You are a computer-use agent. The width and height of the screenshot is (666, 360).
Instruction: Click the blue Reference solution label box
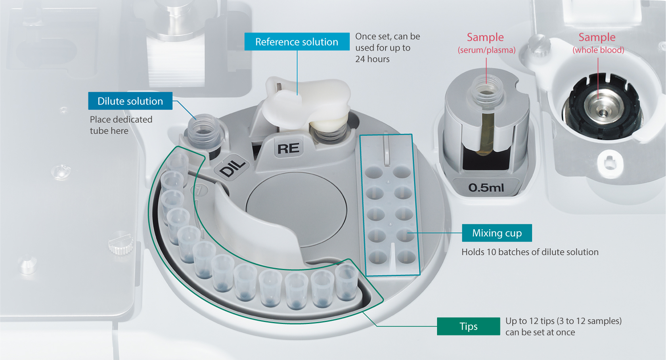click(x=297, y=42)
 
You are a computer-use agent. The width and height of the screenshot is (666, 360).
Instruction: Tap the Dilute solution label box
click(x=130, y=101)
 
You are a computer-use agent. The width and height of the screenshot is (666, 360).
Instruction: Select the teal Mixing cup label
click(x=497, y=233)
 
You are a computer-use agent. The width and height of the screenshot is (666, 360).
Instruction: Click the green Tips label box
click(x=468, y=326)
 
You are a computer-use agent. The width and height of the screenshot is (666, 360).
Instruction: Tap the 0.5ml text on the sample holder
click(x=486, y=187)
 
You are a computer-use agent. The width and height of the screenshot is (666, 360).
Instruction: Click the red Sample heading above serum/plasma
click(x=485, y=37)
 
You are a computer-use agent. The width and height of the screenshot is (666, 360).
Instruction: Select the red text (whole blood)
click(x=598, y=50)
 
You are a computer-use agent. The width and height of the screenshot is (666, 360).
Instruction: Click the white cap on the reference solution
click(x=306, y=103)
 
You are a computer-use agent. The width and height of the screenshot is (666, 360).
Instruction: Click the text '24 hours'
click(x=372, y=59)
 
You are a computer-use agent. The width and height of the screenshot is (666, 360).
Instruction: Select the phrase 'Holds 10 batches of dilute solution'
click(x=530, y=252)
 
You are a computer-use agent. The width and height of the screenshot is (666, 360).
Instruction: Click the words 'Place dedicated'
click(x=121, y=119)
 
